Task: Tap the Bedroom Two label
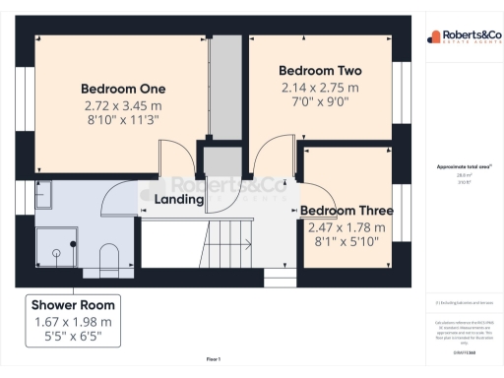point(320,71)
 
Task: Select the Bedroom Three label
point(346,211)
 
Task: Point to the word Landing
point(178,200)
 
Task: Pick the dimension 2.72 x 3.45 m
point(122,104)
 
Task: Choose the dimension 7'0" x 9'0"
point(320,103)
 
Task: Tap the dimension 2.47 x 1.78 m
point(346,227)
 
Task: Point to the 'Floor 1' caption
point(213,359)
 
